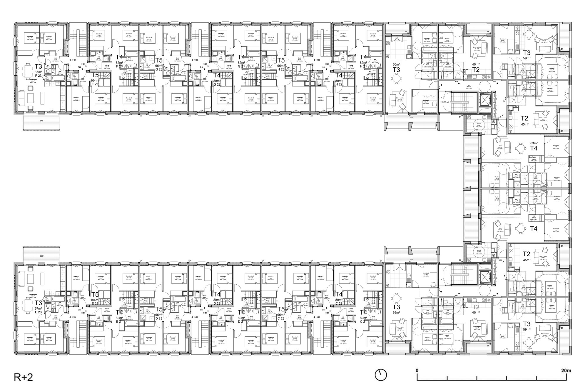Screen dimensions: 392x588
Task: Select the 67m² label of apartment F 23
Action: tap(39, 72)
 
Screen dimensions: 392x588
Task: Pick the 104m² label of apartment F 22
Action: tap(95, 81)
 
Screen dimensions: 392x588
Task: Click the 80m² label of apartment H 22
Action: tap(339, 81)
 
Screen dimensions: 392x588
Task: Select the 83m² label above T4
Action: tap(534, 143)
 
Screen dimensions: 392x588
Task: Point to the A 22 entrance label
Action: tap(457, 82)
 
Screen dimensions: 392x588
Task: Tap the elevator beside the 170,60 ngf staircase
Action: tap(483, 100)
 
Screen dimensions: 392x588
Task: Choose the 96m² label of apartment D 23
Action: tap(159, 315)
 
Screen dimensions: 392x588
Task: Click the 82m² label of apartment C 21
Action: tap(363, 318)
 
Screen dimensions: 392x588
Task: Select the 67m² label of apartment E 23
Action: tap(39, 308)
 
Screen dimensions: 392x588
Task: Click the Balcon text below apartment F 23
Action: tap(41, 121)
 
